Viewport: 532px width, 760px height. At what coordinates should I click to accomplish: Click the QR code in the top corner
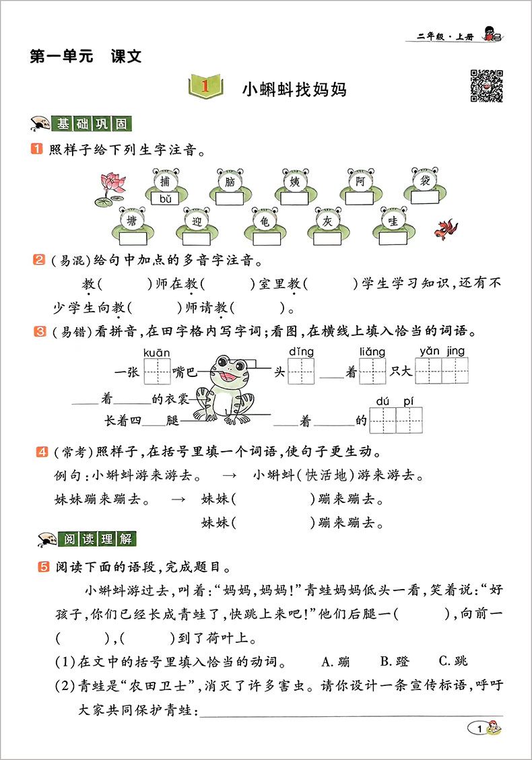486,85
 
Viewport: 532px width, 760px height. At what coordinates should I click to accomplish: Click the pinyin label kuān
157,351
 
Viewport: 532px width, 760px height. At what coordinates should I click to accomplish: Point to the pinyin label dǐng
302,351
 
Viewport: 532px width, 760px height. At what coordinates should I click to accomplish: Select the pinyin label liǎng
372,351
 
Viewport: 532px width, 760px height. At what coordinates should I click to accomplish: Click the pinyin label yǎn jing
442,351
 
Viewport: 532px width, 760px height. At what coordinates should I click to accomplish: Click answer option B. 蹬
394,661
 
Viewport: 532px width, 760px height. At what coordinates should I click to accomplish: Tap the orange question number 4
42,450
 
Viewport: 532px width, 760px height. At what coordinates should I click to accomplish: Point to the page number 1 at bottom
479,728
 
